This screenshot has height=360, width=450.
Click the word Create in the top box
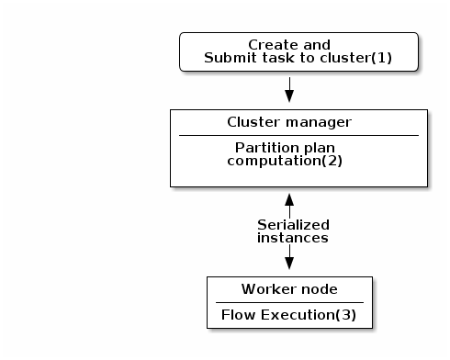(x=272, y=45)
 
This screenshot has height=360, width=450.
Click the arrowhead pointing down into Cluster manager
(x=289, y=96)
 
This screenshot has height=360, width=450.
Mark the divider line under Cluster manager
(x=298, y=135)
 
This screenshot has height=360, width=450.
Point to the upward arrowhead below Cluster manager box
(x=289, y=199)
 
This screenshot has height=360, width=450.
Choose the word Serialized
(x=293, y=224)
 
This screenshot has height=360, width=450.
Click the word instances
(x=293, y=237)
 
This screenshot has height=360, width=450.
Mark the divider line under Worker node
(x=289, y=302)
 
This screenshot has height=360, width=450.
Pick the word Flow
(x=238, y=315)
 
